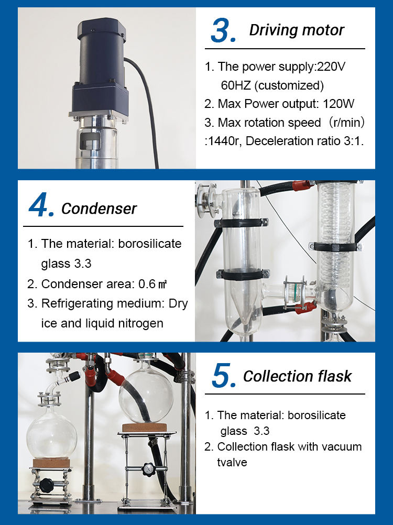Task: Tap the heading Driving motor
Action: (x=297, y=30)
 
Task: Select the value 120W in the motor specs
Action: (x=338, y=104)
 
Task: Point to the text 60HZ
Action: (x=236, y=85)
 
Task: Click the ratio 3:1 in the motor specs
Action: (x=353, y=141)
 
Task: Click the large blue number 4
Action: (x=41, y=204)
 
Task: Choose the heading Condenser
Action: (x=99, y=209)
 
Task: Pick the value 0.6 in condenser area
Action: (x=147, y=284)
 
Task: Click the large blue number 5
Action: (x=224, y=376)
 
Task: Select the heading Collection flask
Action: (x=297, y=376)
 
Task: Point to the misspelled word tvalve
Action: (x=232, y=463)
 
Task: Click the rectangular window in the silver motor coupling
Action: (x=90, y=140)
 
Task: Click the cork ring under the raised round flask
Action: (x=144, y=428)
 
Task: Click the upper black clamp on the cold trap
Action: (x=242, y=223)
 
